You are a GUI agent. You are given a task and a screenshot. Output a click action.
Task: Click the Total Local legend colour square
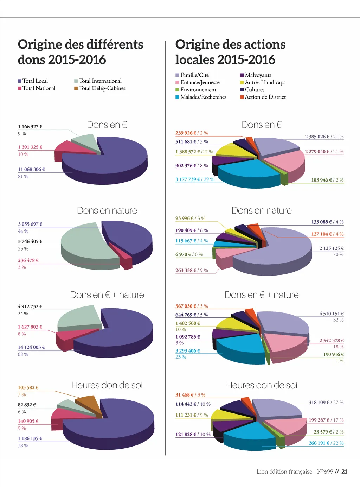pos(20,81)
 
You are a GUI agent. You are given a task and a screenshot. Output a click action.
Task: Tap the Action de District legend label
pos(265,97)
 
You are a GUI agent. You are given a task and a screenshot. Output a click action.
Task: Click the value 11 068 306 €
pos(31,169)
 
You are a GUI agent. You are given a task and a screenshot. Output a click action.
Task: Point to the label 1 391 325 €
pos(30,147)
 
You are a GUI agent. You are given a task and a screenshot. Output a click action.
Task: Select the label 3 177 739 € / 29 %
pos(195,179)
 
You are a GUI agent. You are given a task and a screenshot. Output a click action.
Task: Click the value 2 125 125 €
pos(331,248)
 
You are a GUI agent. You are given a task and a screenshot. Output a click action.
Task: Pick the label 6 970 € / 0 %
pos(189,254)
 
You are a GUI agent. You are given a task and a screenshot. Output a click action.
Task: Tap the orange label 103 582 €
pos(28,387)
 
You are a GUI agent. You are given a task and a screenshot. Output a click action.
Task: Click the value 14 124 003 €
pos(31,347)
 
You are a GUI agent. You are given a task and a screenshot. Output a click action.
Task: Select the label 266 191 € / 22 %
pos(326,443)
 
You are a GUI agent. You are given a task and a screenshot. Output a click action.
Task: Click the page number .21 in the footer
pos(344,472)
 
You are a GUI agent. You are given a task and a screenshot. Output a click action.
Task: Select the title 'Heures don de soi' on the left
pos(107,385)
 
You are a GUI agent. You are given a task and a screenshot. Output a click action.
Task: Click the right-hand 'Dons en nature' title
pos(262,210)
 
